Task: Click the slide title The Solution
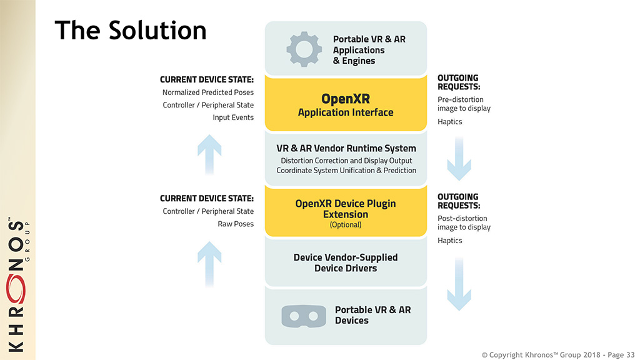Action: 130,30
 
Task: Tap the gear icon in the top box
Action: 304,49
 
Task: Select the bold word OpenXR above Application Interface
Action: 346,99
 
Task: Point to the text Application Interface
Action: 346,112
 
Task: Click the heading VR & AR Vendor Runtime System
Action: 346,149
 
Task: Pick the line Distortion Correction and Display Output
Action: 346,161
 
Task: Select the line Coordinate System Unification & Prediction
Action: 346,171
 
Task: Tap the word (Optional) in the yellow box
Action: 346,225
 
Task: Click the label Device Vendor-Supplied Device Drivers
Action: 346,262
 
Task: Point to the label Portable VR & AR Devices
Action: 372,315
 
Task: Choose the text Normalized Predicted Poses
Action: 207,92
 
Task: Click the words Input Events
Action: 233,117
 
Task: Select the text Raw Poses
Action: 236,224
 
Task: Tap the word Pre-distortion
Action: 461,99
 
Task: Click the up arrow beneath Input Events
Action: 209,156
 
